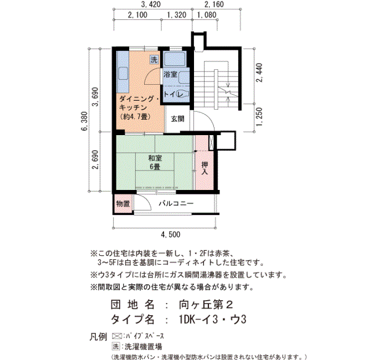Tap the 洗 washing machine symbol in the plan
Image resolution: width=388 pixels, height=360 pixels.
tap(154, 60)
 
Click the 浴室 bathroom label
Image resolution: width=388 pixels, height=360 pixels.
tap(170, 74)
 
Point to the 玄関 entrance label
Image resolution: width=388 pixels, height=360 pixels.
tap(177, 118)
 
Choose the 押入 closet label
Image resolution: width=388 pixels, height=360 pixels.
tap(205, 168)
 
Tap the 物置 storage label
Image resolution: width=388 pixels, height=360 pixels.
tap(123, 203)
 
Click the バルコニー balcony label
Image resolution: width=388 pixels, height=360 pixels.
tap(176, 203)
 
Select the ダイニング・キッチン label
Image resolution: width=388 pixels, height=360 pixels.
tap(139, 104)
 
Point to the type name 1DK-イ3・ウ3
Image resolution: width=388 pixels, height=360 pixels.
tap(212, 320)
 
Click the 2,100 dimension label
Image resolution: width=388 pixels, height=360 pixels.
tap(137, 15)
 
